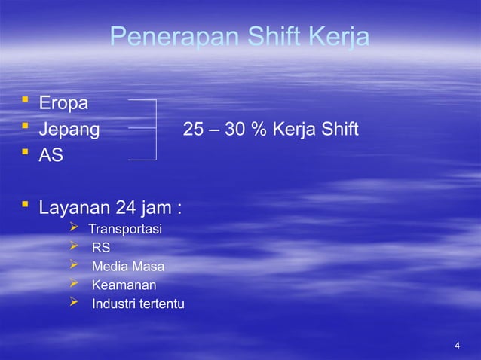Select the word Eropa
[x=64, y=102]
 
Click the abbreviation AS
[x=51, y=157]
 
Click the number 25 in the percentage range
[x=193, y=130]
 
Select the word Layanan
[x=75, y=206]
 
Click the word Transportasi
[x=125, y=229]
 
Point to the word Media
[x=109, y=267]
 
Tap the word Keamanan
[x=124, y=285]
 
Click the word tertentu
[x=161, y=304]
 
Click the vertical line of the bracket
[x=155, y=130]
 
